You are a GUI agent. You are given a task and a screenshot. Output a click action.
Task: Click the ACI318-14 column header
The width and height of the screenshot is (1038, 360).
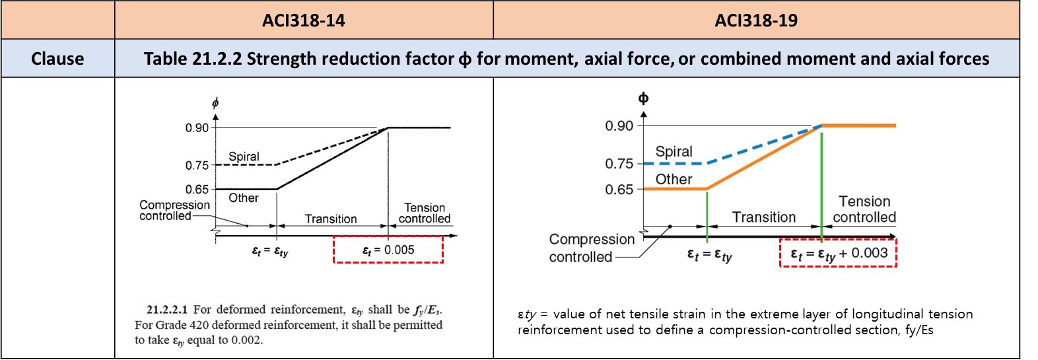[x=303, y=20]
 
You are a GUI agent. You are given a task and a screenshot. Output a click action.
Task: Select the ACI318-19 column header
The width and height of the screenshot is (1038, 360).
[x=755, y=20]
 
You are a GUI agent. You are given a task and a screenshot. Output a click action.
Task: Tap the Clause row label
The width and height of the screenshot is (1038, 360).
[x=57, y=59]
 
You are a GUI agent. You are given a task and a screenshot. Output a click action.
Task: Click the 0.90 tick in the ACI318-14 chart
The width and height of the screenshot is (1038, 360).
[x=197, y=127]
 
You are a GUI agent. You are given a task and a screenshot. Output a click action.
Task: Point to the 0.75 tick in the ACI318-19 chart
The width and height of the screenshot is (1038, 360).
[x=619, y=164]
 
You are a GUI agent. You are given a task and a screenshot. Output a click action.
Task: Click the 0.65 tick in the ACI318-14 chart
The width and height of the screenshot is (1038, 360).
[x=197, y=190]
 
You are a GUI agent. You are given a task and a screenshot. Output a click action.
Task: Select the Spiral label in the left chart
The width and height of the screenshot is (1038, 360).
[x=244, y=157]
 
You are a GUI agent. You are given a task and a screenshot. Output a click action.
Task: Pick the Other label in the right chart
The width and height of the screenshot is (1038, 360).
[x=674, y=179]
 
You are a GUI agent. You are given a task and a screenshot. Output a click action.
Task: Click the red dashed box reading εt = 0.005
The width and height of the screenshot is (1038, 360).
[x=388, y=250]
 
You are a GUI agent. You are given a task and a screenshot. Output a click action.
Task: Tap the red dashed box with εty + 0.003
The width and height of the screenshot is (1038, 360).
[x=838, y=254]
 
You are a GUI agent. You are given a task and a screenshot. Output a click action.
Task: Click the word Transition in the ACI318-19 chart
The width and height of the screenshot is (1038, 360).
[x=764, y=217]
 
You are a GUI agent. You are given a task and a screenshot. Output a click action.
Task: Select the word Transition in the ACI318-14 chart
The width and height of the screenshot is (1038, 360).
[x=331, y=219]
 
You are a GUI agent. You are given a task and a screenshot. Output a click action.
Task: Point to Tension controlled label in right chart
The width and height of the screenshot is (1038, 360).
[x=864, y=209]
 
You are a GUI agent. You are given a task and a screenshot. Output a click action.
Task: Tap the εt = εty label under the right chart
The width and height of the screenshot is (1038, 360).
[x=709, y=255]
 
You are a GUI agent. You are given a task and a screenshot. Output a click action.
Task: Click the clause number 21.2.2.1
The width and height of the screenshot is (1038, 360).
[x=167, y=309]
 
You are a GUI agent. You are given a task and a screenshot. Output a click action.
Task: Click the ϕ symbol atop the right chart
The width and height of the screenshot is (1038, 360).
[x=643, y=99]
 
